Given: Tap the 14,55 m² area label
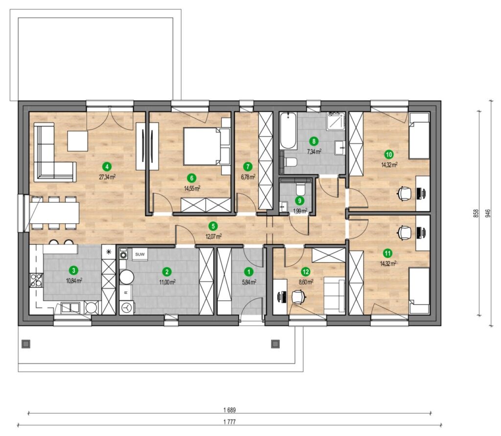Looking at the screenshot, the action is pos(192,188).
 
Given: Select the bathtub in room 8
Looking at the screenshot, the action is pos(288,131).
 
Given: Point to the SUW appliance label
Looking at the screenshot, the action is pos(139,254).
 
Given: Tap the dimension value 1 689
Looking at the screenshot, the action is pos(230,410).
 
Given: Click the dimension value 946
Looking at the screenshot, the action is pos(488,213).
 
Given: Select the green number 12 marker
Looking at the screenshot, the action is pos(306,272).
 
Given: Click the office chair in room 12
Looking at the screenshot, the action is pos(298,297).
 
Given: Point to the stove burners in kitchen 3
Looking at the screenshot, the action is pos(35,280).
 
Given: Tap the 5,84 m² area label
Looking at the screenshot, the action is pos(249,282).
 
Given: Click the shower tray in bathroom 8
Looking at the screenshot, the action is pos(336,121).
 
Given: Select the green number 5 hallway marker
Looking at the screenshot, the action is pos(213,226).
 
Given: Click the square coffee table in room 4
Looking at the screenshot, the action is pos(77,141).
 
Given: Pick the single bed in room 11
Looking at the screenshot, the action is pos(419,291).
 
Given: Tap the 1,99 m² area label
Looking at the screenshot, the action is pos(300,211).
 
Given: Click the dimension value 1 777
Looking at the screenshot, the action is pos(230,422).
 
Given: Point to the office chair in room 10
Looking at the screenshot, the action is pos(404,194).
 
